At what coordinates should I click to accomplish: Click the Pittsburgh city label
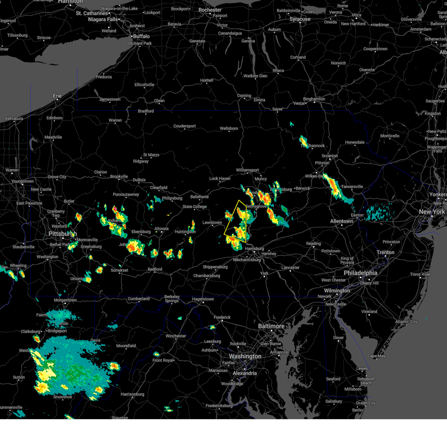[63, 234]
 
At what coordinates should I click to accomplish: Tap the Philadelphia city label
[360, 273]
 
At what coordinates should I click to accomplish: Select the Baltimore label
[271, 326]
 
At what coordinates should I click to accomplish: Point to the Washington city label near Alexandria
[245, 356]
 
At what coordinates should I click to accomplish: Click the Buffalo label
[141, 36]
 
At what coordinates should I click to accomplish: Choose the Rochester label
[210, 10]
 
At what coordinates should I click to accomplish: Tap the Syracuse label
[300, 19]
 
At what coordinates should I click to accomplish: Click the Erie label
[57, 96]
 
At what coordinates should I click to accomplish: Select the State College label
[194, 207]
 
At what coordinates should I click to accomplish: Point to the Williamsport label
[247, 170]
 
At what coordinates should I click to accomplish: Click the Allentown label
[341, 221]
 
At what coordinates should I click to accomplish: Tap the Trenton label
[385, 252]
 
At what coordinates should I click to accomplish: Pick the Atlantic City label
[406, 322]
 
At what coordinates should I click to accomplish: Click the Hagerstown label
[203, 299]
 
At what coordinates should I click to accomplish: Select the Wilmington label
[337, 291]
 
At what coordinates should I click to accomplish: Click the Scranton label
[330, 156]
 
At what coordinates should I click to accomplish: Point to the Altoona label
[162, 229]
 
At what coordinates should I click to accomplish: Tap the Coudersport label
[184, 126]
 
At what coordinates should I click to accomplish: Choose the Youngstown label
[22, 181]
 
